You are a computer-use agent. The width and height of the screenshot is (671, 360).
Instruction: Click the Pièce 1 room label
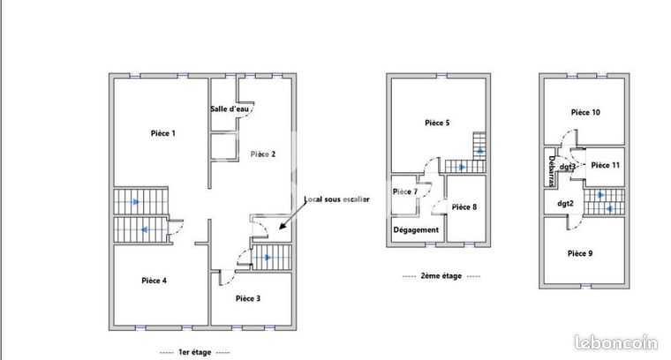pyautogui.click(x=163, y=133)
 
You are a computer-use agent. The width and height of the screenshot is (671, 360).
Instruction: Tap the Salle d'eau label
pyautogui.click(x=230, y=109)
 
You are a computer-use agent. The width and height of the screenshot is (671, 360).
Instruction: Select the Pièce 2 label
pyautogui.click(x=263, y=154)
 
